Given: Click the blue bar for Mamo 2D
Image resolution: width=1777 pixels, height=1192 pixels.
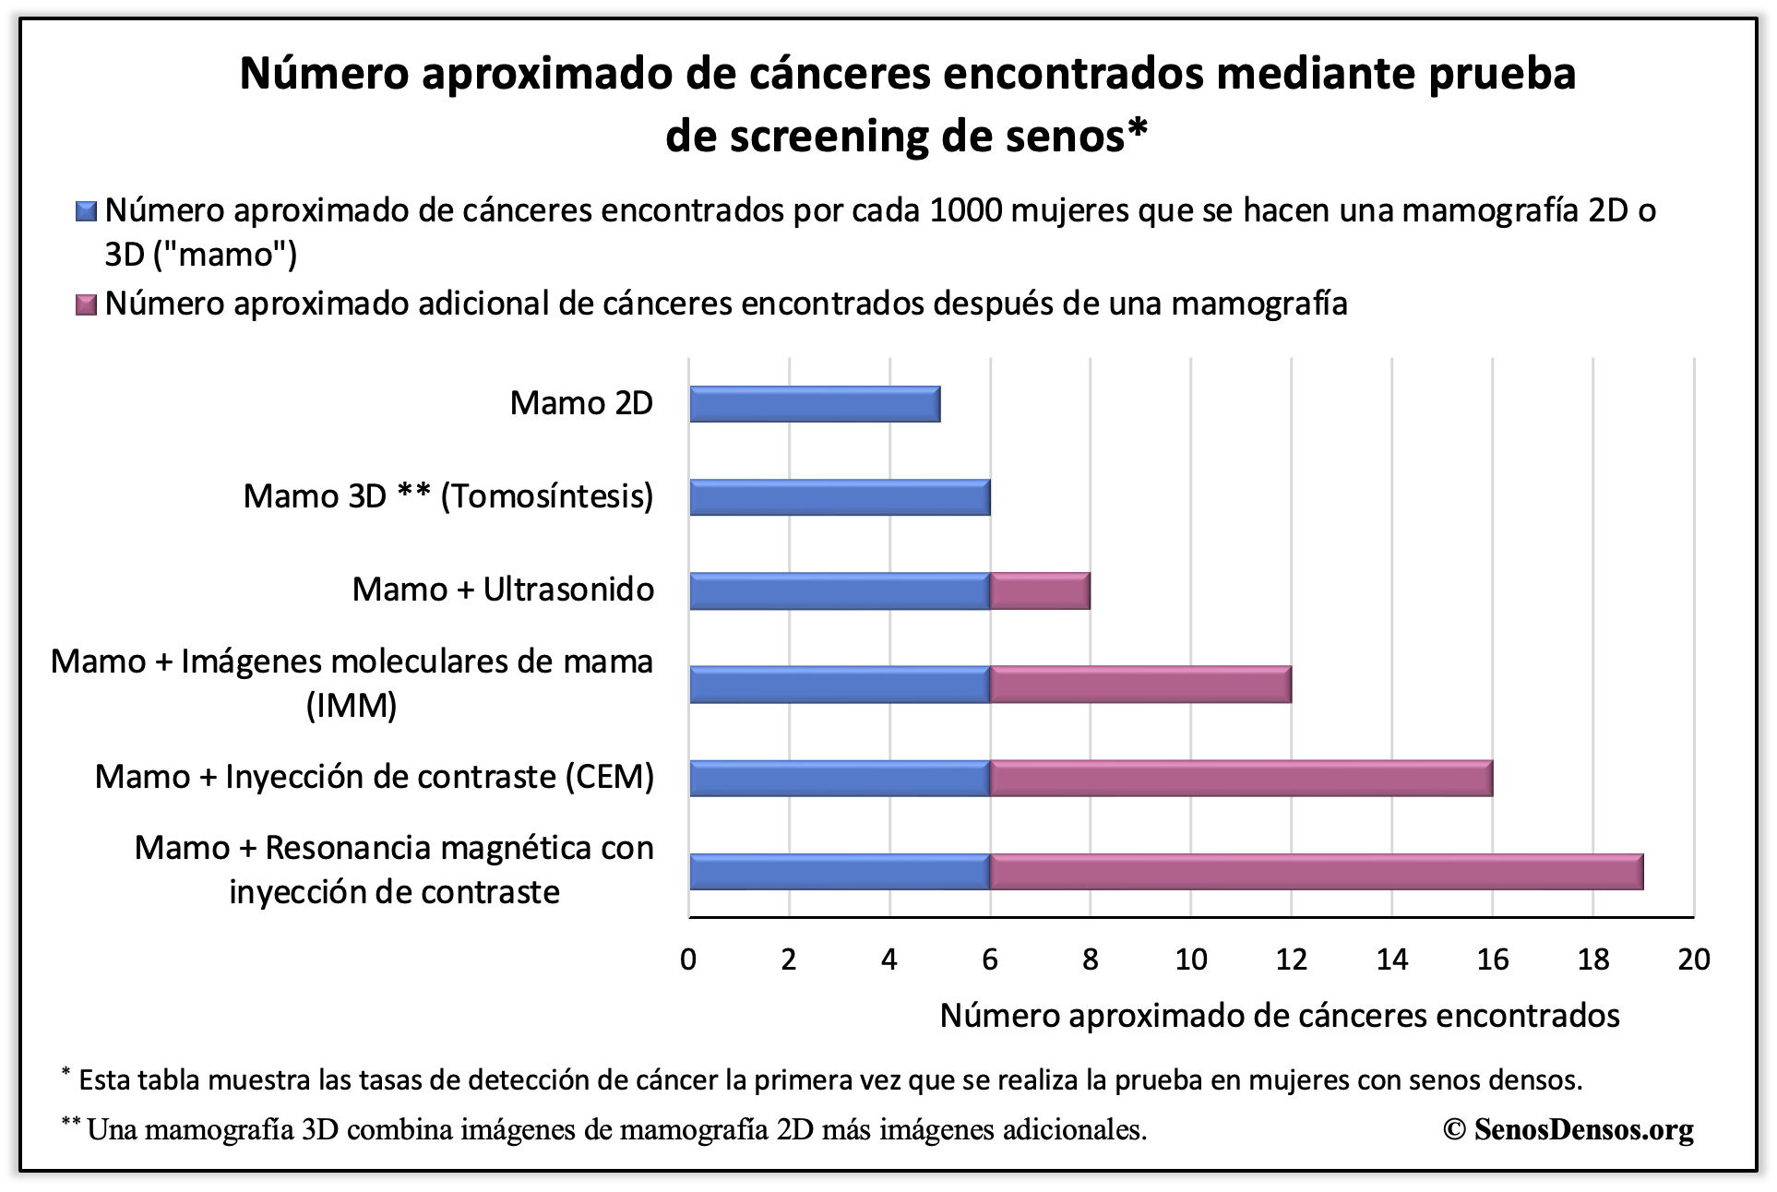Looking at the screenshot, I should pos(815,404).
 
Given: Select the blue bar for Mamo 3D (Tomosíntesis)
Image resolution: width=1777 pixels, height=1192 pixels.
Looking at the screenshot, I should pos(840,497).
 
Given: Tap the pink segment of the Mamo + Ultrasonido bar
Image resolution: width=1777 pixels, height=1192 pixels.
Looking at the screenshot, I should pos(1040,590).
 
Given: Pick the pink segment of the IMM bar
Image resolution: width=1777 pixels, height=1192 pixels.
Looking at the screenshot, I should pos(1140,685).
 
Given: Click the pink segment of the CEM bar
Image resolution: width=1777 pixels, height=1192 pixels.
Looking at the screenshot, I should pos(1241,778).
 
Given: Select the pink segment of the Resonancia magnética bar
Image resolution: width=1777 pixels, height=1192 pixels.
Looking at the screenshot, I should pos(1317,872).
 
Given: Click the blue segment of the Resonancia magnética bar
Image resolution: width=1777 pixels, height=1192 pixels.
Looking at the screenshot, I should pos(840,872).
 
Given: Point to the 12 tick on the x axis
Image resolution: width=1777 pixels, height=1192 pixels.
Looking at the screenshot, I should pos(1292,960).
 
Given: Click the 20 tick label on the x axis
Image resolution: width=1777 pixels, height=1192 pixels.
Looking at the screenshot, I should pos(1694,960).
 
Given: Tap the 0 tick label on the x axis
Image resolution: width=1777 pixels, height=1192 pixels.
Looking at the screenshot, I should pos(688,960).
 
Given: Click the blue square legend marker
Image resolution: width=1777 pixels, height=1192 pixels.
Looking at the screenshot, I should pos(86,211).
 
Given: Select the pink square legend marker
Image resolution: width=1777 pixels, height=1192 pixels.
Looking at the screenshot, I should pos(86,304).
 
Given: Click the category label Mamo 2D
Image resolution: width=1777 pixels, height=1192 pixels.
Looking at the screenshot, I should pos(581,403).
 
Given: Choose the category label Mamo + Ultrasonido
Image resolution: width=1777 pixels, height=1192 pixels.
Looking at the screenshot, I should pos(503,589).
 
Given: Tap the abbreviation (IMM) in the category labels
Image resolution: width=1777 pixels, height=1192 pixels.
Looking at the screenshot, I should pos(352,706).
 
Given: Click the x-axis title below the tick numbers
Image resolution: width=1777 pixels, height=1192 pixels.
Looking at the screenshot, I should pos(1280,1015).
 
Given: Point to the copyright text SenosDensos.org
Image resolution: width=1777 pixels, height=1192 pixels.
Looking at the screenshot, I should pos(1583,1128).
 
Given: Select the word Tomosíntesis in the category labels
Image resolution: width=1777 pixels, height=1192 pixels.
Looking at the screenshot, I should pos(546,496).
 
